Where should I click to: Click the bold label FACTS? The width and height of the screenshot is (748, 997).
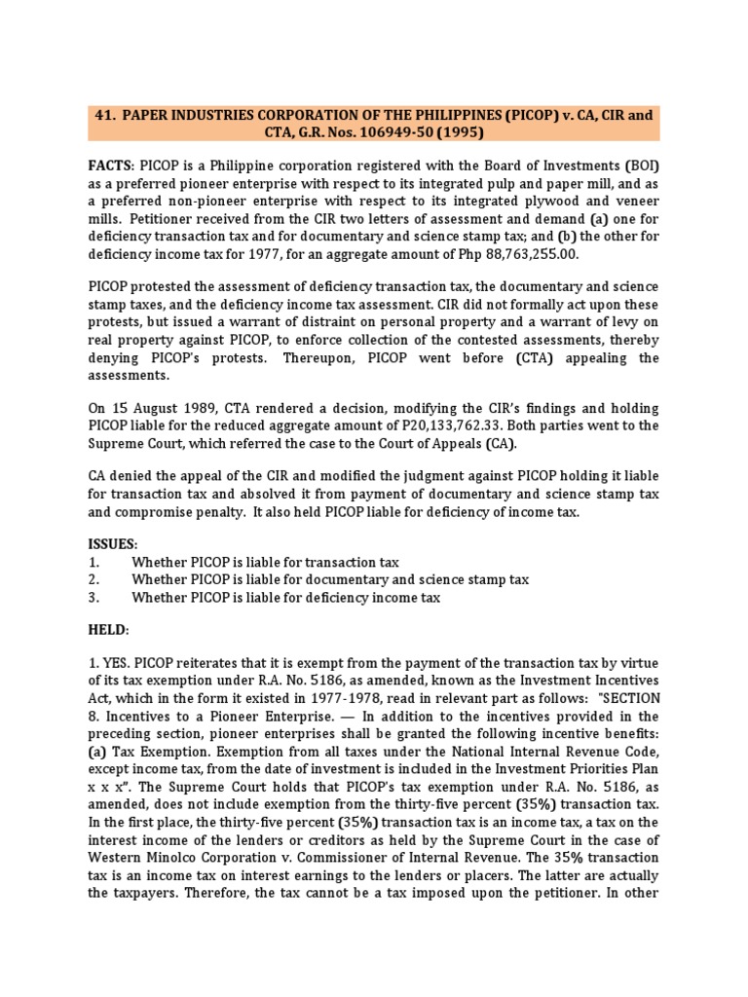tap(111, 166)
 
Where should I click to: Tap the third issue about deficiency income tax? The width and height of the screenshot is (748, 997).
tap(286, 598)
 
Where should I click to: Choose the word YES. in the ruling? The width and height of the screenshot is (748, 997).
tap(119, 665)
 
